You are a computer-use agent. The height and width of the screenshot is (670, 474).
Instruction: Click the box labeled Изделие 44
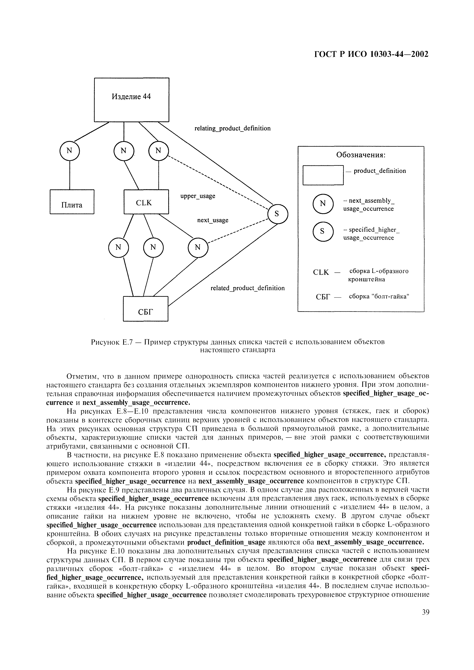(131, 100)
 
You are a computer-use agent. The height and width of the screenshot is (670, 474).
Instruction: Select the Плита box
(72, 202)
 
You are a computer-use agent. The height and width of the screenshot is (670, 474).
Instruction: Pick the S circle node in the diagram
(278, 214)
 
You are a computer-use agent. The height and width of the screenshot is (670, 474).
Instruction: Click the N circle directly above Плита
(69, 151)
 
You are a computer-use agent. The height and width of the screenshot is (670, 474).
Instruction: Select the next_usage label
(213, 220)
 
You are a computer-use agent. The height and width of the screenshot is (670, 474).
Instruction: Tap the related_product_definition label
(247, 288)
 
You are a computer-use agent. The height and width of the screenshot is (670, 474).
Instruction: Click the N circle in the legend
(323, 204)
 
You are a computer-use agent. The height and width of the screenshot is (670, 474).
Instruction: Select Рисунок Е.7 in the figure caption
(112, 342)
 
